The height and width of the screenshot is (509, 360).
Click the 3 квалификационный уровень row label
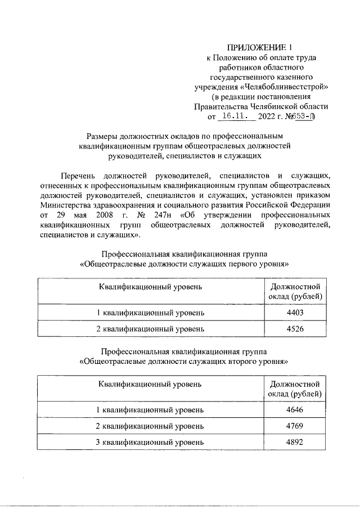(150, 442)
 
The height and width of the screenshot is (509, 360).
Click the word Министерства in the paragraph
(64, 205)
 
